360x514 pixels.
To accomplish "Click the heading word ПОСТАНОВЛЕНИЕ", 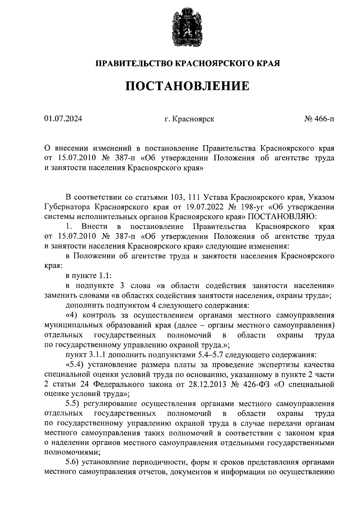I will pos(187,86).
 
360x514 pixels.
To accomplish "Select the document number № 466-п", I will pos(319,119).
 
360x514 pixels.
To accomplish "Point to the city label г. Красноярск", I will pos(189,119).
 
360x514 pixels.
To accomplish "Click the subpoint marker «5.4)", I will pos(74,365).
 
